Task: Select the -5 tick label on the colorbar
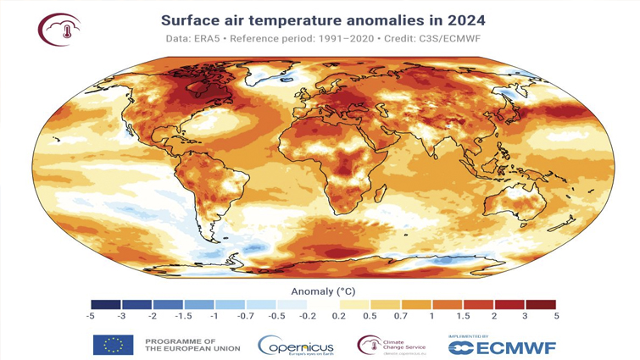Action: click(92, 316)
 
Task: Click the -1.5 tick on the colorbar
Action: click(184, 316)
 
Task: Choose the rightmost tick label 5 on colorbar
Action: click(555, 316)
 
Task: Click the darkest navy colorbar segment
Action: click(107, 303)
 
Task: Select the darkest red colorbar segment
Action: click(540, 303)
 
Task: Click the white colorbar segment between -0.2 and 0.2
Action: click(324, 303)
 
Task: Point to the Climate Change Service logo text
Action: click(406, 343)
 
